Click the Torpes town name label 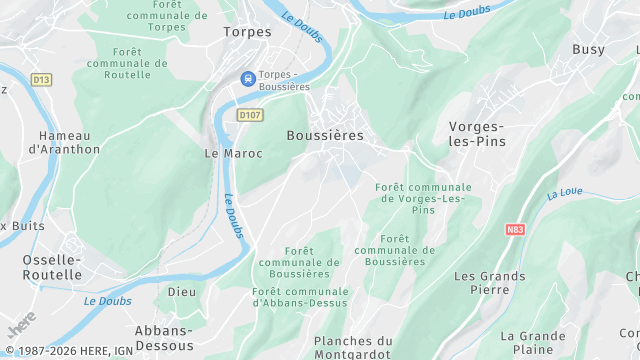click(247, 32)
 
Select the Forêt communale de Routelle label click(127, 62)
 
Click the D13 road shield click(41, 79)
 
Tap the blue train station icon click(245, 79)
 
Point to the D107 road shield click(250, 116)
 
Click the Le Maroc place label click(233, 153)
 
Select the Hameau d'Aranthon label click(64, 142)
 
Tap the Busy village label click(589, 49)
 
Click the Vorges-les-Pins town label click(477, 133)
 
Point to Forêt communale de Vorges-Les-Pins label click(423, 199)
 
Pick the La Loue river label click(564, 192)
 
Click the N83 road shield click(515, 229)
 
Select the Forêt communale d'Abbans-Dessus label click(300, 296)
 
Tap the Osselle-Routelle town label click(52, 266)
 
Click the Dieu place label click(182, 292)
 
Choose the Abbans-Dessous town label click(164, 337)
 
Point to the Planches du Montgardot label click(353, 347)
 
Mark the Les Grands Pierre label click(489, 283)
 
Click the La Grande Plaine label click(533, 342)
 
